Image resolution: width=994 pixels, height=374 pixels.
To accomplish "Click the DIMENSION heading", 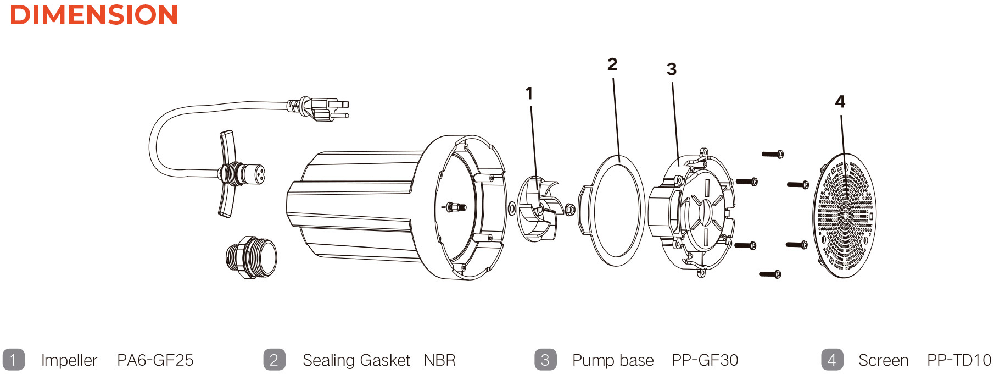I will coord(94,15).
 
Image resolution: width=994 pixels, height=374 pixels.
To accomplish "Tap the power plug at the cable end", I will coord(324,108).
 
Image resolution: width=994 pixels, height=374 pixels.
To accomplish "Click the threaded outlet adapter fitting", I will coord(252,257).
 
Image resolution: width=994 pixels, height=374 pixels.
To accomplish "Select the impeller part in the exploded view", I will coord(537,208).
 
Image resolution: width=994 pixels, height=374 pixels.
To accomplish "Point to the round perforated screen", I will coord(844,215).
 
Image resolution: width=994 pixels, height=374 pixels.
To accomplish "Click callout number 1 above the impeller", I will coord(529,94).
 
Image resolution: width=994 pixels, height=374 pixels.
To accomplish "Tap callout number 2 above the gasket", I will coord(612,64).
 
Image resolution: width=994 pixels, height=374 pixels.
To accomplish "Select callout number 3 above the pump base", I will coord(671,69).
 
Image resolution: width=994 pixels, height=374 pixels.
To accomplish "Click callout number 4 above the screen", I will coord(840,102).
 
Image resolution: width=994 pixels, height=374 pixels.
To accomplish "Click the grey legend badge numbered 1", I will coord(13,360).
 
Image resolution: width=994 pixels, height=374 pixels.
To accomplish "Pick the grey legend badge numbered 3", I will coord(545,360).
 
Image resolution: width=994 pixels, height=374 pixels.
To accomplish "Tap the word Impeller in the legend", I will coord(69,360).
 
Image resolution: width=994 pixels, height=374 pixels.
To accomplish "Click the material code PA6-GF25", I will coord(155,360).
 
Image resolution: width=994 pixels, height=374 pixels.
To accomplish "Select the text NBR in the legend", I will coord(439,360).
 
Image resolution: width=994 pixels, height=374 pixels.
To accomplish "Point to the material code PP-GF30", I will coord(705,360).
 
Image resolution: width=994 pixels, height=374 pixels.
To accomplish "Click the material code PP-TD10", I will coord(959,360).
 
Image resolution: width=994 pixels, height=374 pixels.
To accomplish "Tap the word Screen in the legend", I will coord(883,360).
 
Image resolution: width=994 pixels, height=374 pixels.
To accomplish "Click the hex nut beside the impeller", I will coord(569,210).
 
